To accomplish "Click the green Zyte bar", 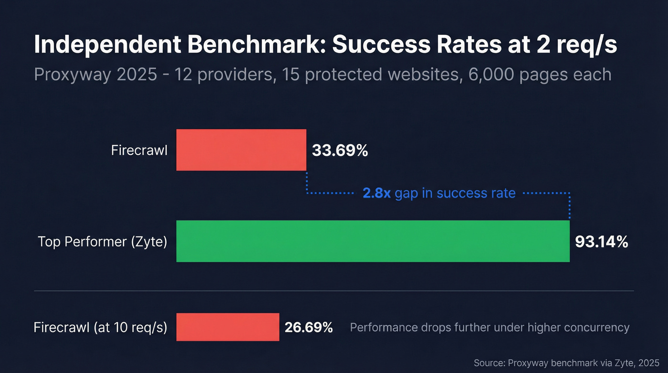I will [373, 241].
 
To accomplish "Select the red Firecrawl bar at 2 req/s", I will [241, 150].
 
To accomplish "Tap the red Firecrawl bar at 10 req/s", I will [228, 327].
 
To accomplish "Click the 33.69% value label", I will [340, 150].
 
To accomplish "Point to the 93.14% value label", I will [601, 242].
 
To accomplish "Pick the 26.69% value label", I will [308, 328].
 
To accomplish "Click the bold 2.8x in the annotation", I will [376, 193].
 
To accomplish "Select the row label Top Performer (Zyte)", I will [102, 242].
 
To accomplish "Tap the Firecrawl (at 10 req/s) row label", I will [100, 328].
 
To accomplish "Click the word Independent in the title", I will [106, 45].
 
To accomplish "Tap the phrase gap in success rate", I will [455, 193].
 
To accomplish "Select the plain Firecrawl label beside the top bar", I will [139, 150].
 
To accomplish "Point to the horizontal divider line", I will [334, 290].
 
